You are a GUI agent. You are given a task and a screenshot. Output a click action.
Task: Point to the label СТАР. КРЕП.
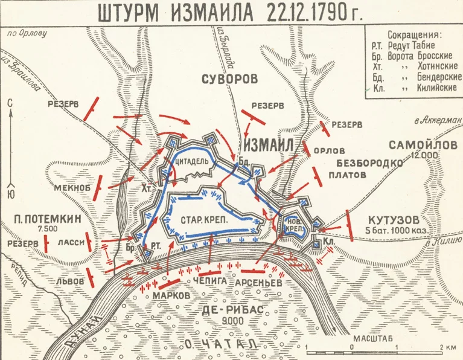click(203, 220)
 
